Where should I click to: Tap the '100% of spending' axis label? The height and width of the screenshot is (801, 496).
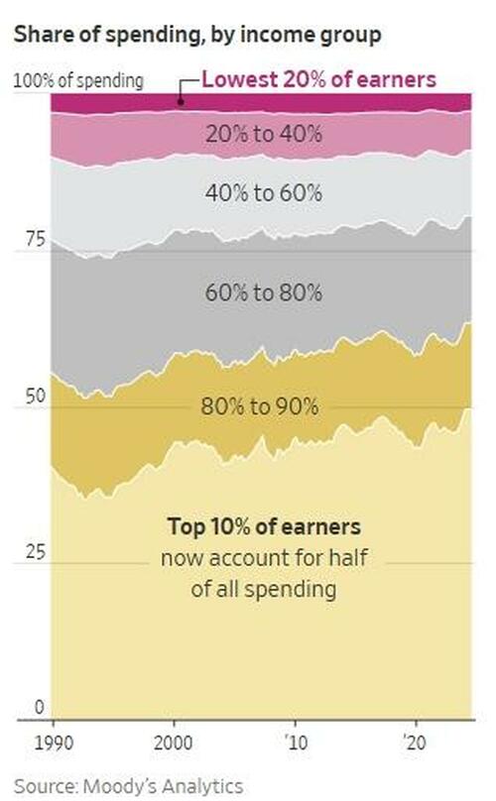[78, 80]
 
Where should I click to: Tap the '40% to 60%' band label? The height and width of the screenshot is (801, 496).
[262, 193]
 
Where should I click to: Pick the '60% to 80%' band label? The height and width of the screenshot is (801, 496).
[262, 292]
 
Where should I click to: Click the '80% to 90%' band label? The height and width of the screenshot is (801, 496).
[259, 406]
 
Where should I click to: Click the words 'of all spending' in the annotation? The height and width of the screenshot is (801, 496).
[263, 590]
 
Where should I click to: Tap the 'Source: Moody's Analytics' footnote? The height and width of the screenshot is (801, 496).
[130, 785]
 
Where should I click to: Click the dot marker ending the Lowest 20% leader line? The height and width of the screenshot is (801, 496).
[181, 100]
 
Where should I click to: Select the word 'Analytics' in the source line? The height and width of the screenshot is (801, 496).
[201, 785]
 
